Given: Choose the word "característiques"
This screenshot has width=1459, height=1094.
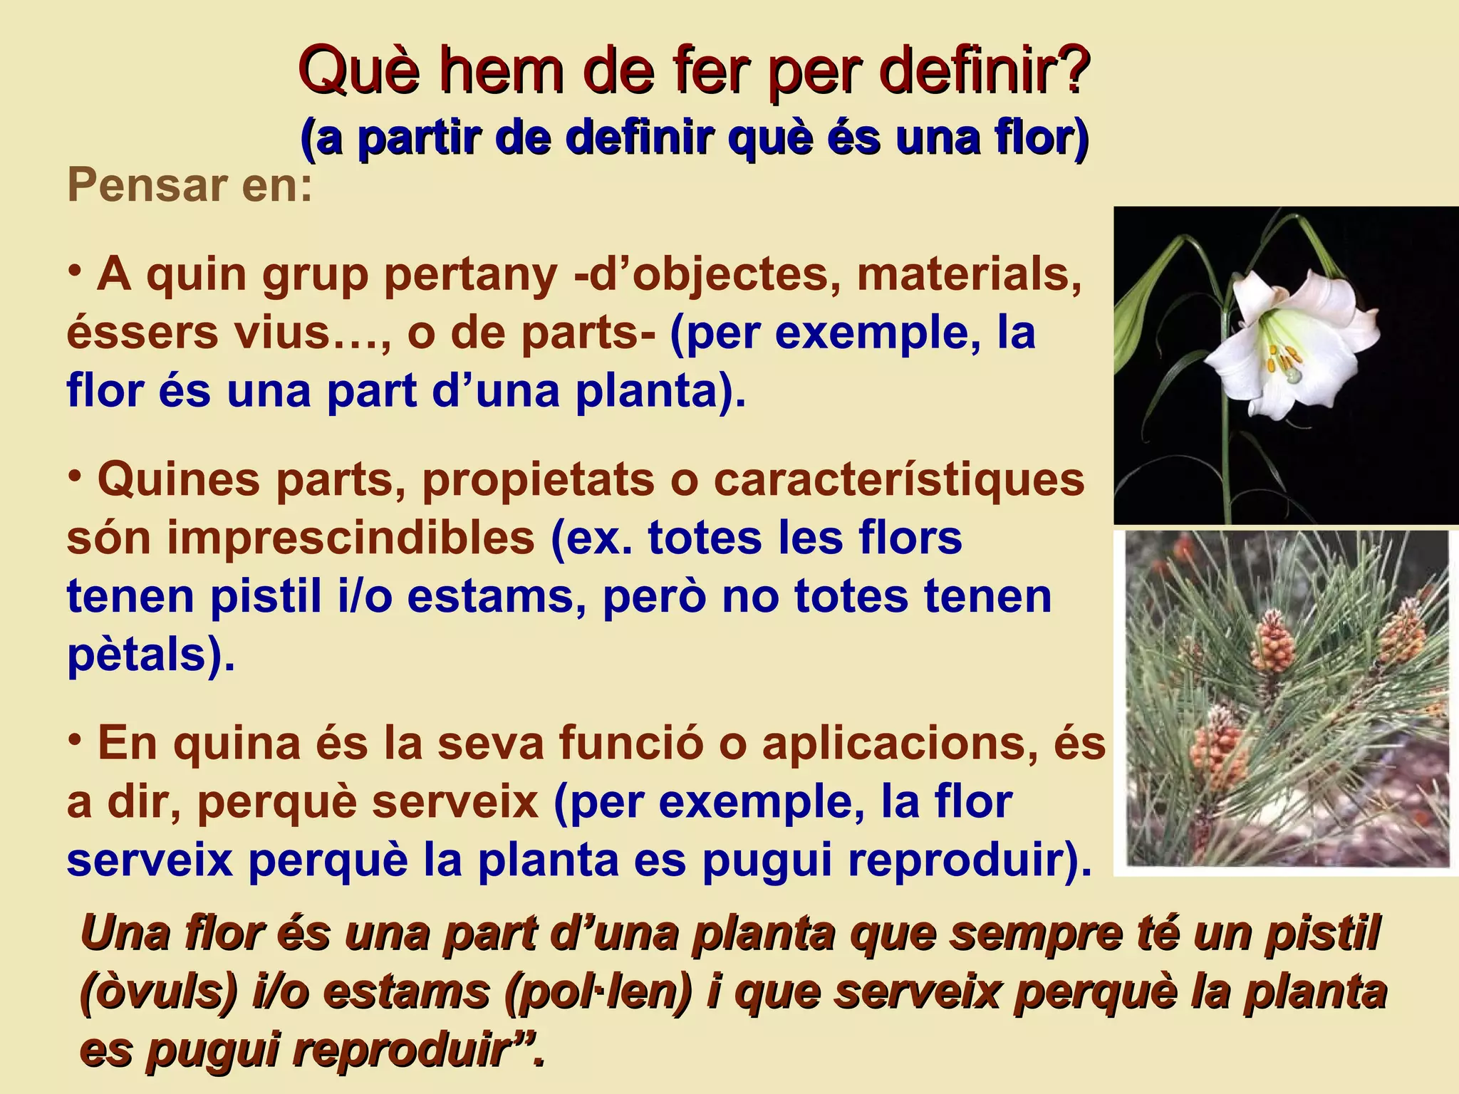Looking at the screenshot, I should (899, 479).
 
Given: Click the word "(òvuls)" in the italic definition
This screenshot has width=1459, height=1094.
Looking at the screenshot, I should (158, 991).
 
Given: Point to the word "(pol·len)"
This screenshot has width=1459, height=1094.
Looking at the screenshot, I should (598, 991).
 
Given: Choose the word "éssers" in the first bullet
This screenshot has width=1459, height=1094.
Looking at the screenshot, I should (142, 333).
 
